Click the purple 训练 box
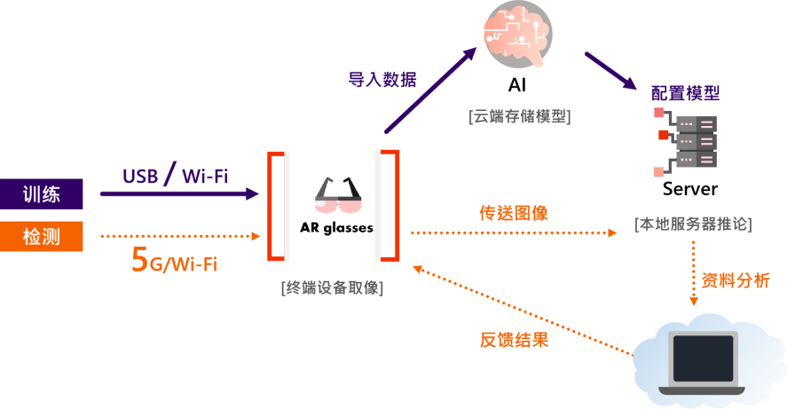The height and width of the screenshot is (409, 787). click(x=41, y=194)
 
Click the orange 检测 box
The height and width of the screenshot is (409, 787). click(x=41, y=236)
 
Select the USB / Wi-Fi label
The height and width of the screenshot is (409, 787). click(x=175, y=174)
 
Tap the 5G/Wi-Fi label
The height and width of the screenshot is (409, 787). click(x=174, y=260)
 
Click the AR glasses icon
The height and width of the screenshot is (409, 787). click(x=338, y=196)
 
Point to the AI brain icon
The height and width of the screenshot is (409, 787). click(x=517, y=34)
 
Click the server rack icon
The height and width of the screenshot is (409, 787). click(x=686, y=142)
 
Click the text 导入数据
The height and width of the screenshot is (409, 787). click(x=382, y=79)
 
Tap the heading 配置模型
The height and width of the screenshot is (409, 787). click(x=686, y=93)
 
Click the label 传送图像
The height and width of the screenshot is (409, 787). click(x=514, y=213)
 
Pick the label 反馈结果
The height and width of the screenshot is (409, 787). click(x=515, y=340)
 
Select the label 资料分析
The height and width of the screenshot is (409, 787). click(x=736, y=280)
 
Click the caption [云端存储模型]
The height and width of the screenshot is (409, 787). click(x=520, y=116)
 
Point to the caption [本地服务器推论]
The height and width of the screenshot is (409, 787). click(x=694, y=224)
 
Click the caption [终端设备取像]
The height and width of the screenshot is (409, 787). click(x=332, y=287)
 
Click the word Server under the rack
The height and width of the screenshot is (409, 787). click(x=690, y=189)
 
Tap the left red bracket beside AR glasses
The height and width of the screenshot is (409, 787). click(x=276, y=206)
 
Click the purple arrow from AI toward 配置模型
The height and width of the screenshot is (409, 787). click(x=610, y=71)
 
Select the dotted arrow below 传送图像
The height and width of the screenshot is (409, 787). click(x=514, y=232)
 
